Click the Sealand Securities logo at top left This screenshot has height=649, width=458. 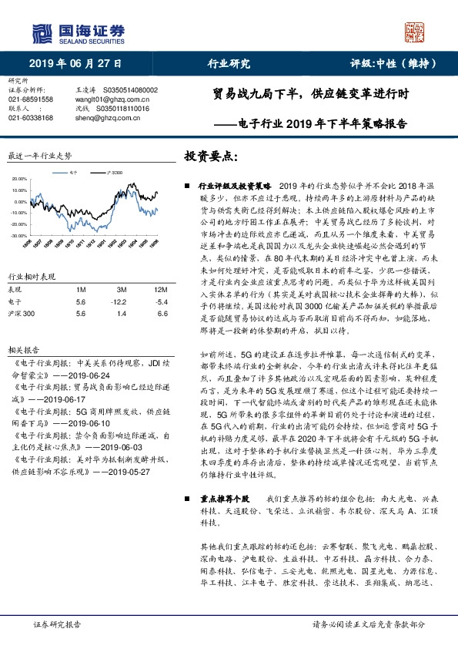point(77,32)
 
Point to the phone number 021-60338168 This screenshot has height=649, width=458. point(31,118)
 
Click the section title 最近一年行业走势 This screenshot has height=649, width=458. point(39,156)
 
